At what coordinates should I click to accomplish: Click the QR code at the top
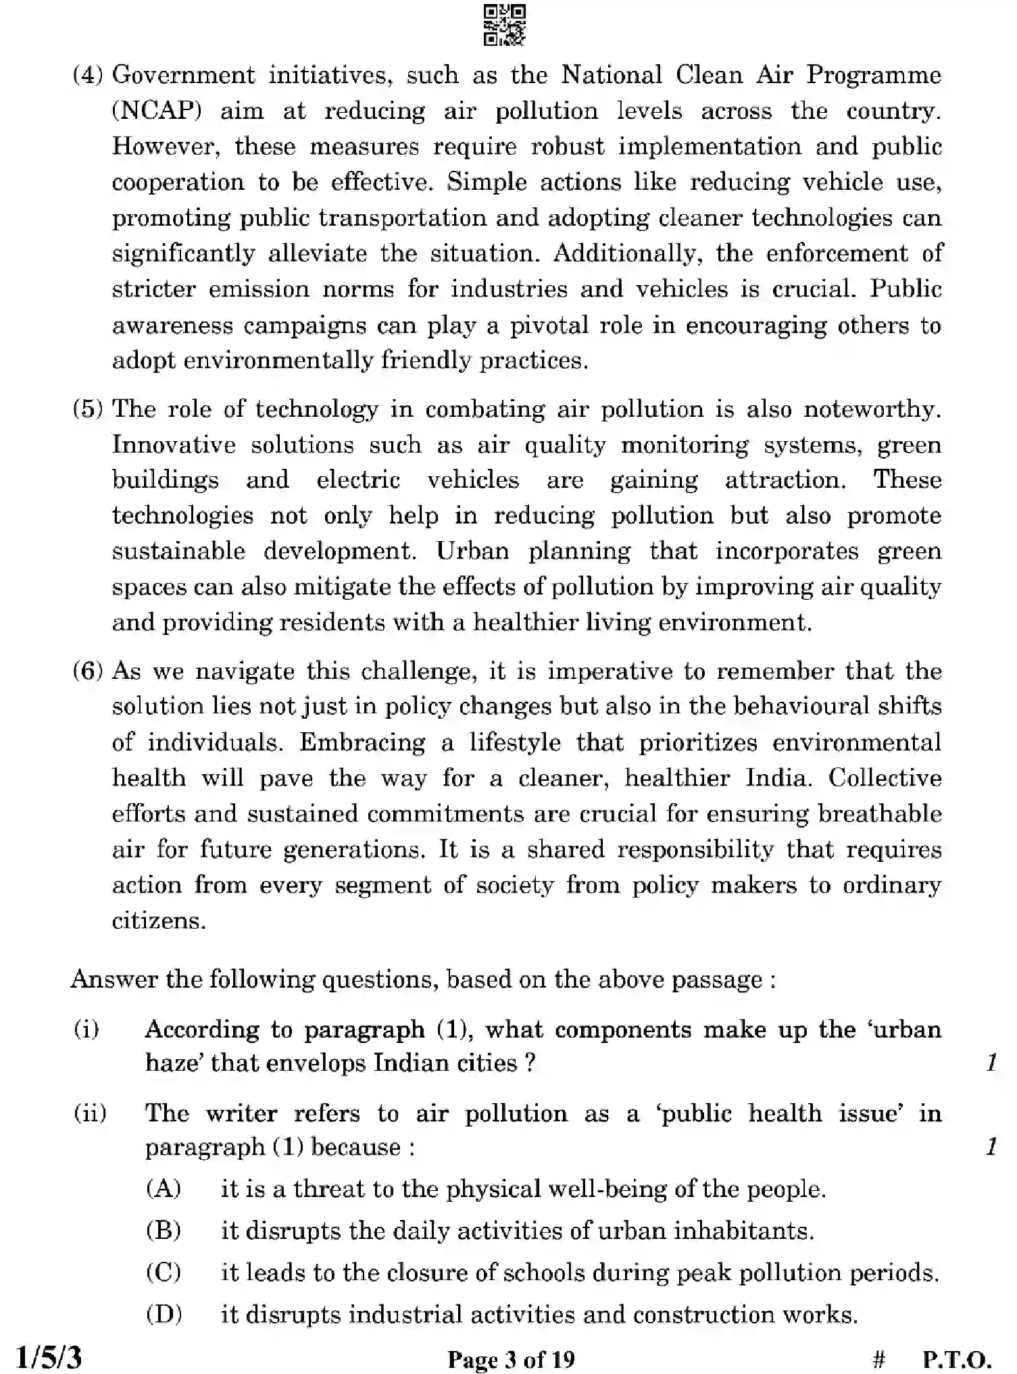click(505, 25)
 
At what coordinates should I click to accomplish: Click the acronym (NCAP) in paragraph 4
click(157, 111)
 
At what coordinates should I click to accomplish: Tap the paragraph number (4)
click(88, 75)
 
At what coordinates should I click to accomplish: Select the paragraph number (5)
click(88, 409)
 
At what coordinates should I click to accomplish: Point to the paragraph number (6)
click(88, 671)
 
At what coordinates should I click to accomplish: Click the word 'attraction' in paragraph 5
click(784, 480)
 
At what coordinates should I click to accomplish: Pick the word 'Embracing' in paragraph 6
click(362, 742)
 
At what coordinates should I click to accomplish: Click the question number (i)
click(86, 1029)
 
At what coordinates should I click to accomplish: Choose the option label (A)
click(164, 1189)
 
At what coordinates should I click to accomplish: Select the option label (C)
click(164, 1273)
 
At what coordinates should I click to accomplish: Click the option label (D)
click(164, 1315)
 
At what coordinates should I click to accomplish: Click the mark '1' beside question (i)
click(991, 1063)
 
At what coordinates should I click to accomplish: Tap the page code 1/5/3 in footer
click(49, 1357)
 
